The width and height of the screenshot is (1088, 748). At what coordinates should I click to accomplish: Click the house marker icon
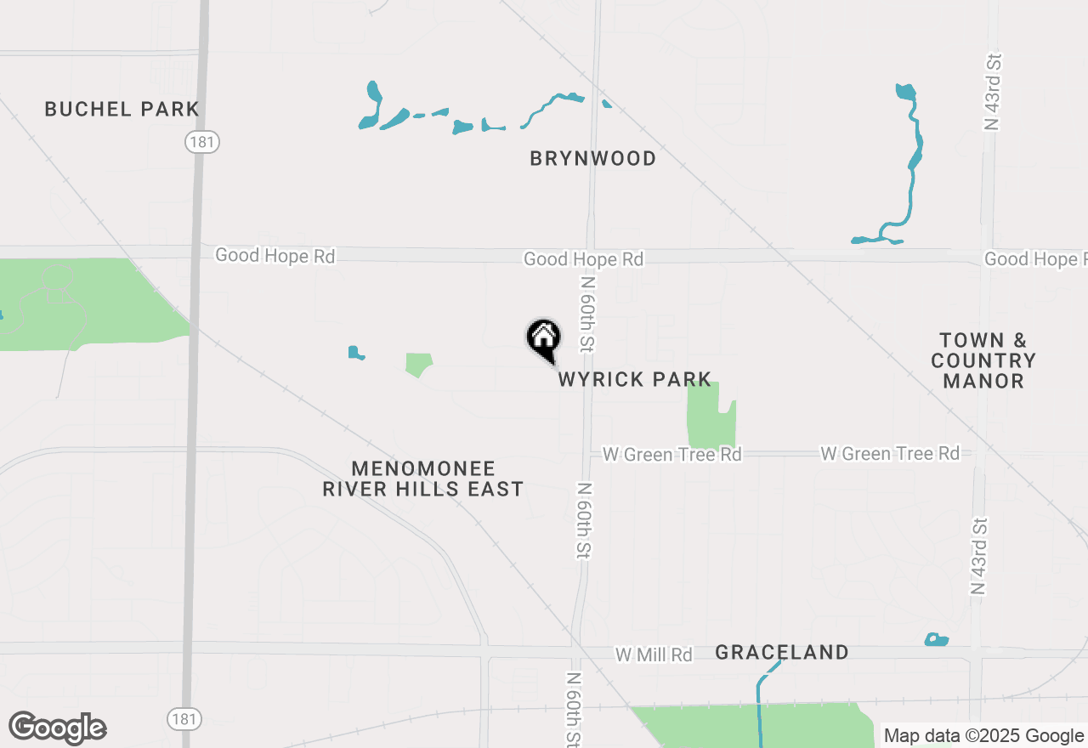coord(543,339)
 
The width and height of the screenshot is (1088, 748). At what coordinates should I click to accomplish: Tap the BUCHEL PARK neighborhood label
coord(122,109)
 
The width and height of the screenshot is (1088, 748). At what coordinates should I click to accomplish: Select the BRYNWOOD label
coord(592,158)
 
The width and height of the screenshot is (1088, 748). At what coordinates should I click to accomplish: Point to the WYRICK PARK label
coord(634,379)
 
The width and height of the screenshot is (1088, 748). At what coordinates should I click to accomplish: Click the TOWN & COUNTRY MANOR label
coord(983,360)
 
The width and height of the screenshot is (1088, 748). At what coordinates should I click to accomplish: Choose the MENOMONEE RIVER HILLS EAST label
coord(423,479)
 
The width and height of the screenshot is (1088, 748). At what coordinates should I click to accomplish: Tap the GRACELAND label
coord(781,652)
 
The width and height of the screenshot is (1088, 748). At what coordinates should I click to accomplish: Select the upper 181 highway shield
coord(202,142)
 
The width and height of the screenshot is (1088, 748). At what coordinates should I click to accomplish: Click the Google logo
coord(58,728)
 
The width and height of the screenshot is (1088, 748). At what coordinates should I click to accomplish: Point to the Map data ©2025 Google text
coord(983,736)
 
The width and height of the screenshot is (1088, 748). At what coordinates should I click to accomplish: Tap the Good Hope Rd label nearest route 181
coord(275,255)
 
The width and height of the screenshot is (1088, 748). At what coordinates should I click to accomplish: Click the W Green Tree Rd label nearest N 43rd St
coord(890,454)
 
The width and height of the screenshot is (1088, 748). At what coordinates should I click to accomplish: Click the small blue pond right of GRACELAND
coord(936,639)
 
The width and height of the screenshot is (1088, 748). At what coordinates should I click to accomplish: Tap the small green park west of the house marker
coord(417,365)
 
